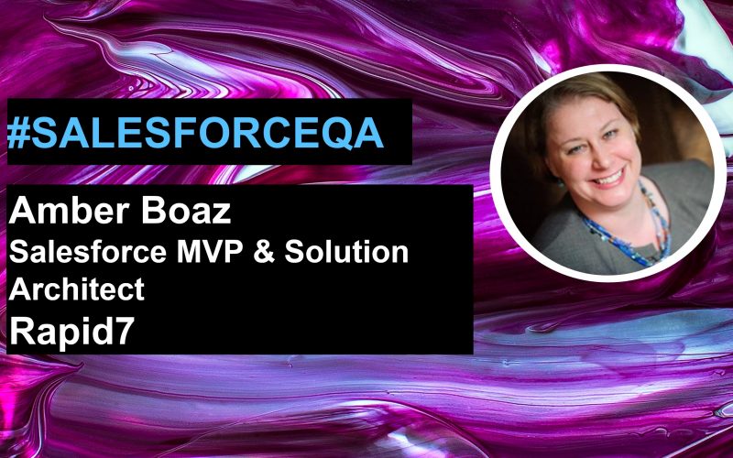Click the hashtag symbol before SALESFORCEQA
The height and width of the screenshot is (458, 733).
[18, 133]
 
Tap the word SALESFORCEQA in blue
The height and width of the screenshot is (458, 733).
[207, 133]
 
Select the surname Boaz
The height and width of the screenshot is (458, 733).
[186, 211]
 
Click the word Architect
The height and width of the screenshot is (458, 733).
[77, 289]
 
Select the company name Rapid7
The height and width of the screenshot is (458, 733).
[72, 331]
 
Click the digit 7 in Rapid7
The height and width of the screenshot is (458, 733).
[125, 330]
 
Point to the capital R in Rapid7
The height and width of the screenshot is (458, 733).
[21, 330]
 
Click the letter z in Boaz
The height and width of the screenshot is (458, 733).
[222, 214]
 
